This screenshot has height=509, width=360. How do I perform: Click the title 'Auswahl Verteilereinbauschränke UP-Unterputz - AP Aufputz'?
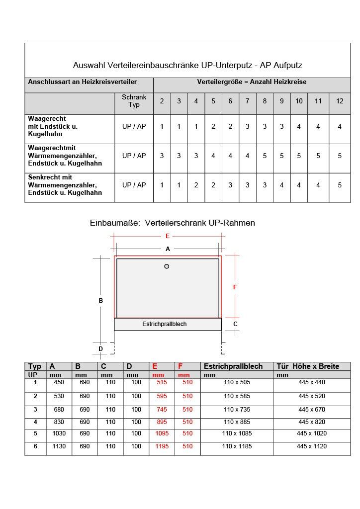[x=187, y=65]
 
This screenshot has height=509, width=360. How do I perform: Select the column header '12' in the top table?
[x=340, y=101]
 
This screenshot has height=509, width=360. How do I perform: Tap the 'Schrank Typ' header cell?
[x=134, y=101]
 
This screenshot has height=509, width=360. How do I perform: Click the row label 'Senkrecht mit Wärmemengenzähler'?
[x=65, y=185]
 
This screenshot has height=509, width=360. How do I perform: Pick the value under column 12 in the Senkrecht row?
[x=340, y=185]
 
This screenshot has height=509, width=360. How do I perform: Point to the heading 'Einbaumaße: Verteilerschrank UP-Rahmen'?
[x=172, y=223]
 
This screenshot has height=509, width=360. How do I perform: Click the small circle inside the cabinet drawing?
[x=167, y=266]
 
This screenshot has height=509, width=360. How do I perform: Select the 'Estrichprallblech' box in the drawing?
[x=168, y=324]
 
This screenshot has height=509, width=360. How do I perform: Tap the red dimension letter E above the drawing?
[x=168, y=236]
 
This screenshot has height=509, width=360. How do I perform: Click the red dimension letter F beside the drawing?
[x=235, y=287]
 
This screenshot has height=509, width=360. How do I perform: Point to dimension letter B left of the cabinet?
[x=100, y=300]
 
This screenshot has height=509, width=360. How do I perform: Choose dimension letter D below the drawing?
[x=100, y=349]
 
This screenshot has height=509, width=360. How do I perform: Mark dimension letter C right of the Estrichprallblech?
[x=235, y=324]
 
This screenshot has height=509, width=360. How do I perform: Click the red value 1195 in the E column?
[x=162, y=446]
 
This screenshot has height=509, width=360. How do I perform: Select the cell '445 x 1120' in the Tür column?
[x=312, y=446]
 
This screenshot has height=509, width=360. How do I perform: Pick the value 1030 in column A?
[x=59, y=433]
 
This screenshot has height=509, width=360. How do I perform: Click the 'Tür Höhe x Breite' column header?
[x=308, y=366]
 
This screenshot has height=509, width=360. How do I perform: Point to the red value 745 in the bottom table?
[x=162, y=410]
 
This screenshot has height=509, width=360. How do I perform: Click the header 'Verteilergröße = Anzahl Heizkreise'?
[x=252, y=82]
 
